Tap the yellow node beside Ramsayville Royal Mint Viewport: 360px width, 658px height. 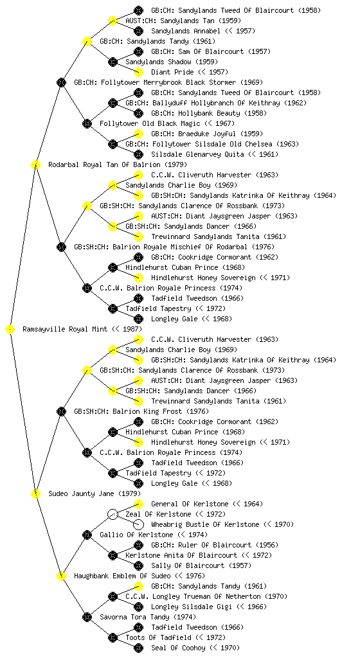pyautogui.click(x=10, y=330)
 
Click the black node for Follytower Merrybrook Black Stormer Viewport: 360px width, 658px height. pyautogui.click(x=61, y=82)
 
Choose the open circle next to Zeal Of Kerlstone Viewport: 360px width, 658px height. pyautogui.click(x=113, y=514)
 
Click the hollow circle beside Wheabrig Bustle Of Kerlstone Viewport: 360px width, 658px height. pyautogui.click(x=138, y=524)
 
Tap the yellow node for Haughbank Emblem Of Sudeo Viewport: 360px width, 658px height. pyautogui.click(x=61, y=576)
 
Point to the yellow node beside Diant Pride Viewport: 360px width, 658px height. pyautogui.click(x=138, y=72)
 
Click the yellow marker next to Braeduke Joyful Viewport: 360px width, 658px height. pyautogui.click(x=138, y=134)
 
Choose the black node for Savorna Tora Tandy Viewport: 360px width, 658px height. pyautogui.click(x=87, y=617)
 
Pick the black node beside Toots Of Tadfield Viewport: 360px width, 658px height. pyautogui.click(x=113, y=638)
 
